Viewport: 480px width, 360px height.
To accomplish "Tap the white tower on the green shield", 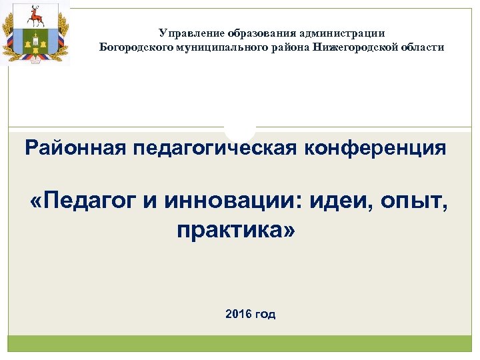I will (35, 41).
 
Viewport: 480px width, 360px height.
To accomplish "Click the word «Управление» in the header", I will (191, 33).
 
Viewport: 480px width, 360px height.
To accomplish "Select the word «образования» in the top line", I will (259, 33).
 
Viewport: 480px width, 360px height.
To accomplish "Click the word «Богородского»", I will (133, 47).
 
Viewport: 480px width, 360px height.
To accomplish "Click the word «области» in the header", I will (421, 47).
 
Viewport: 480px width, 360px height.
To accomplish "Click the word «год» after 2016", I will (265, 314).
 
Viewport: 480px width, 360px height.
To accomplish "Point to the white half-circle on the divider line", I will (239, 131).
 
